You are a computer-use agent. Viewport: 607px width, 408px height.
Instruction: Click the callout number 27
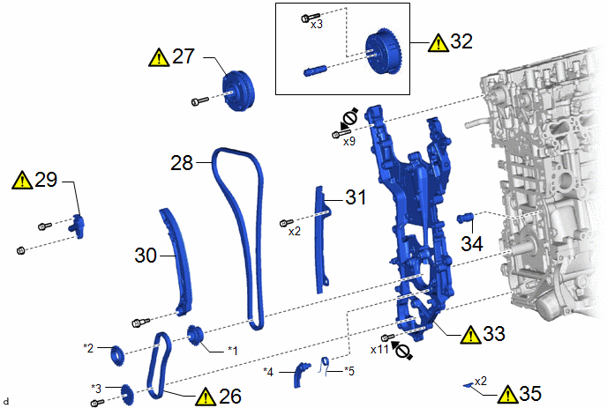point(184,56)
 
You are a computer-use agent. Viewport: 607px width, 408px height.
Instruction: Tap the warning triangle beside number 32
point(438,42)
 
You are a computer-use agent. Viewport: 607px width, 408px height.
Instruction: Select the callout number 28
point(182,163)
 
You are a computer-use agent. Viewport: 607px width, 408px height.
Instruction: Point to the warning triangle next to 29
point(22,180)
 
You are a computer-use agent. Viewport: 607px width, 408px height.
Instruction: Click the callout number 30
point(146,256)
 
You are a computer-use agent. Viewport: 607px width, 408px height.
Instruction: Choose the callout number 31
point(356,197)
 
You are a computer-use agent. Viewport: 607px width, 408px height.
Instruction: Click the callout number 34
point(472,243)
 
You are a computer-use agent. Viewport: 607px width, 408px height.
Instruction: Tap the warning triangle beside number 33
point(470,335)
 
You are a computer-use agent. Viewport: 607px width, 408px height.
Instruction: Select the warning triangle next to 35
point(507,395)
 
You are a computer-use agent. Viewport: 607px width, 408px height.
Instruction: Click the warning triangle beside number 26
point(206,397)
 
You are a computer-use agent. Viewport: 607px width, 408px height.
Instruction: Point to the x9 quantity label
point(349,142)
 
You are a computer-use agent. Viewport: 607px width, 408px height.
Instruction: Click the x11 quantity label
point(379,350)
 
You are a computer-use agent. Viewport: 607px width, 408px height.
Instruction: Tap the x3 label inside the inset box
point(317,25)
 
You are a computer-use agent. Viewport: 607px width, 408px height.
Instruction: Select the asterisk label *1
point(233,351)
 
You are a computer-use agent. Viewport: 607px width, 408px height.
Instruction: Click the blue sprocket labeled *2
point(117,356)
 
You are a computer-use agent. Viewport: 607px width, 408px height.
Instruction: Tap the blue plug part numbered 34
point(465,218)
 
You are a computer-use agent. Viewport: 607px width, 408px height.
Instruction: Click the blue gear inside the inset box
point(384,52)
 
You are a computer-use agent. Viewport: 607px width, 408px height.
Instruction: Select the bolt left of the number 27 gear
point(200,101)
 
